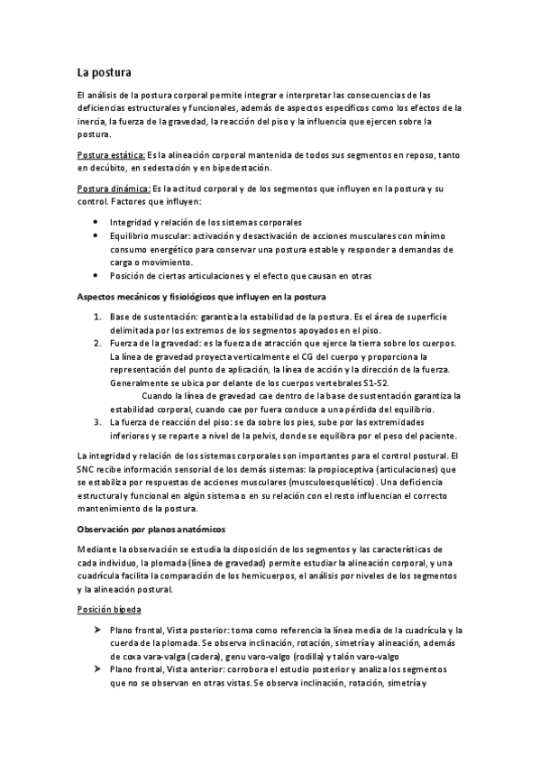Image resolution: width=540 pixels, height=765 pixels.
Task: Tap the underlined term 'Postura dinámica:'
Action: coord(114,189)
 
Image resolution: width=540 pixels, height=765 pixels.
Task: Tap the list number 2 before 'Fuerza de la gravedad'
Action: coord(97,344)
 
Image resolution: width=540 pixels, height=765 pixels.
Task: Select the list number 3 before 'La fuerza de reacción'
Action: coord(97,421)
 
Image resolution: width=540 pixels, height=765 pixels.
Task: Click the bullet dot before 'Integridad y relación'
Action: coord(97,222)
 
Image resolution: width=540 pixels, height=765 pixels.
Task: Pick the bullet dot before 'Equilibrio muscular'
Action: coord(97,235)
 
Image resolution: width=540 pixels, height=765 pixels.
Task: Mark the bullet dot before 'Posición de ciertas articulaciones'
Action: coord(97,275)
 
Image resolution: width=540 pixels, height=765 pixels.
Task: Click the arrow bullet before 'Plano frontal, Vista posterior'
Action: coord(97,629)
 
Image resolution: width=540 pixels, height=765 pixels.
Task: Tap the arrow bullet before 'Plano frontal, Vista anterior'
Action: coord(97,670)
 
